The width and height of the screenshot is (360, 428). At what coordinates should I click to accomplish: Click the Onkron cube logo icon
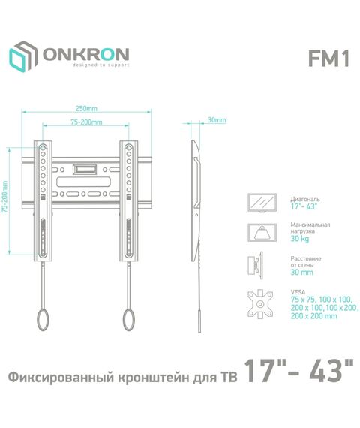(23, 56)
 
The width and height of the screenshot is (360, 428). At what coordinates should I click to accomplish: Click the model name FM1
(328, 59)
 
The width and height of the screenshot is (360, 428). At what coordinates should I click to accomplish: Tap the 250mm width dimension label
(86, 108)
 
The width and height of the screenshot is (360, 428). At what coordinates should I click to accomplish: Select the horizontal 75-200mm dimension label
(86, 122)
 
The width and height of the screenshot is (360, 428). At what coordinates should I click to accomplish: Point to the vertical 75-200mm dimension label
(4, 197)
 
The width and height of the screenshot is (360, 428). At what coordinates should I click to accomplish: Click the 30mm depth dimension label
(217, 120)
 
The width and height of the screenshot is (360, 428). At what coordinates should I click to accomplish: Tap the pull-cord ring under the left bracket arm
(43, 319)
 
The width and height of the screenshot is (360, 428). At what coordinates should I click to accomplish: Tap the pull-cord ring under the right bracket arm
(128, 319)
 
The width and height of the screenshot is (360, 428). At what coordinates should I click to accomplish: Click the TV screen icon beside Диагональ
(262, 203)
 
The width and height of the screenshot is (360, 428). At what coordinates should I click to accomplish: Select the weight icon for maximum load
(262, 233)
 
